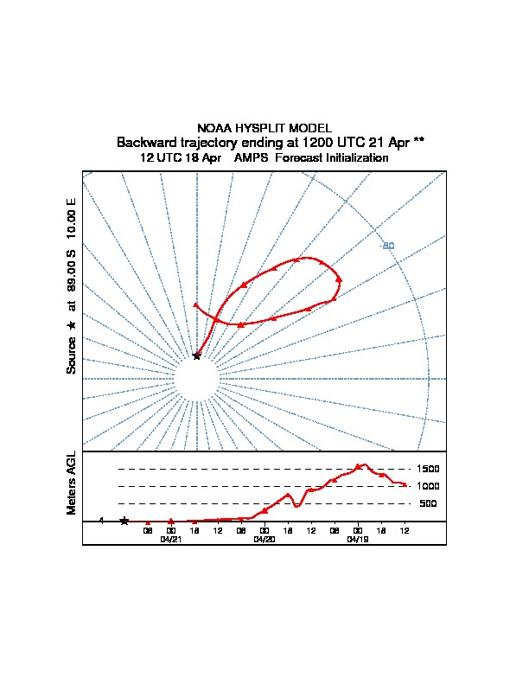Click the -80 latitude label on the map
[388, 246]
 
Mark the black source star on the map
[197, 355]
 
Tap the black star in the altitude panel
[124, 521]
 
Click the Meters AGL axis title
[72, 483]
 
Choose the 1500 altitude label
[428, 469]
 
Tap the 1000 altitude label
[428, 486]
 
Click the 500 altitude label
[428, 503]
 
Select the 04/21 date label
[171, 539]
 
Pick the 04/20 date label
[264, 539]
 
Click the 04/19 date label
[358, 539]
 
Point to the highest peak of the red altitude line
[362, 464]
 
